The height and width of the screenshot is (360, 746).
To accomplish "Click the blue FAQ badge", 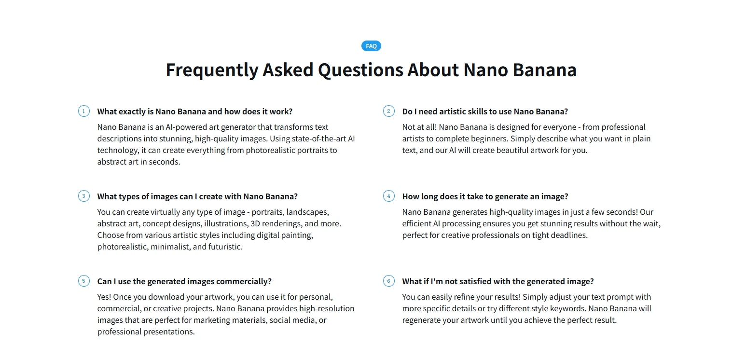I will point(371,46).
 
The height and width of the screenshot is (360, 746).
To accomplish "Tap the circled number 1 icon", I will point(83,111).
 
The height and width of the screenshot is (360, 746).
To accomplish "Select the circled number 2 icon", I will point(388,111).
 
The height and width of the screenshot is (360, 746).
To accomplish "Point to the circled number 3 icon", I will point(83,196).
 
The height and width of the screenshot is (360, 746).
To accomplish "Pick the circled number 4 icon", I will point(388,196).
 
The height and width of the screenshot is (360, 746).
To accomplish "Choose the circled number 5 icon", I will point(83,281).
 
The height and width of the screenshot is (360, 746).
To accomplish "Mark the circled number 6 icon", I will point(388,281).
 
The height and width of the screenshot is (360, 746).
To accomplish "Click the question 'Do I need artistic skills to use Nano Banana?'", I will point(485,111).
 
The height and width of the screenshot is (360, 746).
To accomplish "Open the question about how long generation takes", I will point(485,196).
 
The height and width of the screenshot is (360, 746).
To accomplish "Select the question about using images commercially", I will point(184,281).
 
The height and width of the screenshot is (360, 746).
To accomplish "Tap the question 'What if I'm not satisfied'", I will point(497,281).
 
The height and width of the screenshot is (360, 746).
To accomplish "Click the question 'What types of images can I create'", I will point(197,196).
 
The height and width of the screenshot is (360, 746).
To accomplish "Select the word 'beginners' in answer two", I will point(488,138).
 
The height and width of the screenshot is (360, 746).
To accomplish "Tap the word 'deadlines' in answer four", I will point(570,235).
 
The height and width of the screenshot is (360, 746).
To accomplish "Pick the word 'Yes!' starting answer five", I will point(104,297).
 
